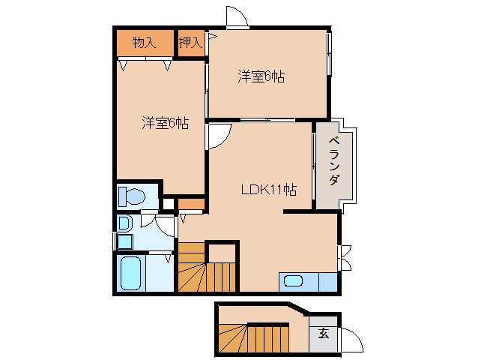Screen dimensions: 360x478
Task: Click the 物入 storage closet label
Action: [x=144, y=43]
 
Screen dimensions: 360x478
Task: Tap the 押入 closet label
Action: [x=190, y=43]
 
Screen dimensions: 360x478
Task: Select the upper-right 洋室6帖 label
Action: [x=261, y=76]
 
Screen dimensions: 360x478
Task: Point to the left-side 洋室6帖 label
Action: [x=165, y=123]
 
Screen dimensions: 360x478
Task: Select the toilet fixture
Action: [x=132, y=196]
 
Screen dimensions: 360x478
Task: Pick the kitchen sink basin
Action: [x=294, y=281]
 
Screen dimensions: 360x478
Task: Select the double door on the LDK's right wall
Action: [x=345, y=257]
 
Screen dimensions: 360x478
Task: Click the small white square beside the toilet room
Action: [x=169, y=203]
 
